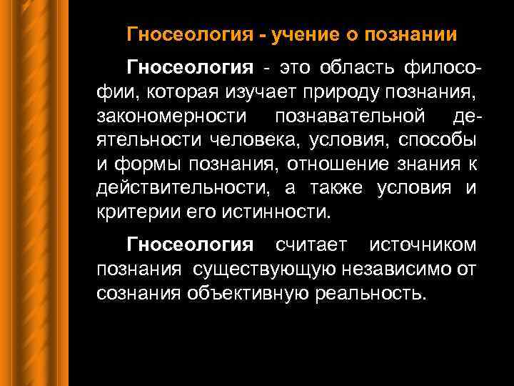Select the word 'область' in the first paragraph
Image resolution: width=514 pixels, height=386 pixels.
click(365, 69)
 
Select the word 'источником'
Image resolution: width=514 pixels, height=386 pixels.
click(423, 246)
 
